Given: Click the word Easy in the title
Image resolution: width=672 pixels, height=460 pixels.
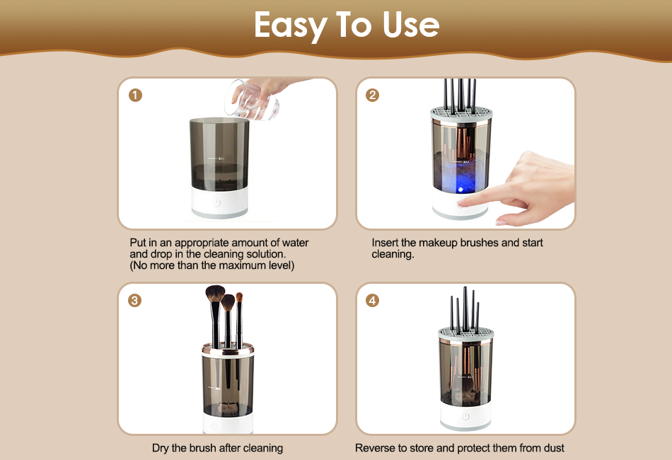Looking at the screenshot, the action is [x=291, y=25].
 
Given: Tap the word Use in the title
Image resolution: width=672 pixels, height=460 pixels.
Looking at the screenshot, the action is [x=411, y=25].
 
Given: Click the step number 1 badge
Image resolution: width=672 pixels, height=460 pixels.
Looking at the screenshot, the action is [x=135, y=95].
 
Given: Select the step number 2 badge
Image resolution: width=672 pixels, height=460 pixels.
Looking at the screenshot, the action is [x=372, y=95].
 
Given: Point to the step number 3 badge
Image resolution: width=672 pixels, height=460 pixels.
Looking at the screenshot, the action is [x=134, y=301].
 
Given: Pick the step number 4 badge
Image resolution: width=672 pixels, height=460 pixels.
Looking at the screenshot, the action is [x=372, y=301].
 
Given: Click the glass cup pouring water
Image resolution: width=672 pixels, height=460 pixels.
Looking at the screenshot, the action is [x=252, y=100].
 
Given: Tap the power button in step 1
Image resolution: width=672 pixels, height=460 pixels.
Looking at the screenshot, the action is [x=217, y=202].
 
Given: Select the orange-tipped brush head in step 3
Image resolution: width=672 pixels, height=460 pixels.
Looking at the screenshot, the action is [x=239, y=297].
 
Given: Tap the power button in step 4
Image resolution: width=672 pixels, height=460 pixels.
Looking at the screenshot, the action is [x=466, y=416].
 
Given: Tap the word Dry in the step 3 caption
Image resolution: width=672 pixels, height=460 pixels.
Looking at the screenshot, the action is [x=161, y=449].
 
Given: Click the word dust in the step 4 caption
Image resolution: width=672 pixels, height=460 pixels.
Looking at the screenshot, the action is [x=554, y=448].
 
